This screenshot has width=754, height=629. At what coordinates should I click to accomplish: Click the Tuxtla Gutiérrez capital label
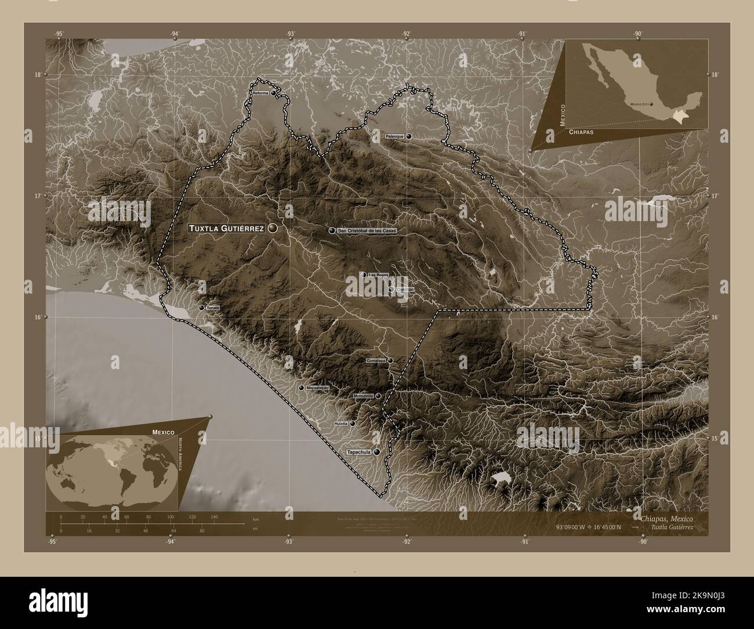click(x=226, y=229)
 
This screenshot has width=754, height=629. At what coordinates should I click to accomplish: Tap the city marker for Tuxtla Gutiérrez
click(x=273, y=229)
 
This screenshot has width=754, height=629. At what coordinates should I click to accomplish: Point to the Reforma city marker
click(x=273, y=93)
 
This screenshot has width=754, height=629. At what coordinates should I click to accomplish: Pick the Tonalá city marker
click(x=201, y=308)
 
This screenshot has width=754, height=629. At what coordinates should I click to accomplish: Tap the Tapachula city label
click(x=359, y=452)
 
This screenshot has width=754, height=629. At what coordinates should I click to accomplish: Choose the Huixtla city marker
click(x=352, y=424)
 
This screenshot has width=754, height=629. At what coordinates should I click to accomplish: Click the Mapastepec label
click(x=317, y=388)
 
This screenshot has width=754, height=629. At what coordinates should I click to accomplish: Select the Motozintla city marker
click(x=378, y=396)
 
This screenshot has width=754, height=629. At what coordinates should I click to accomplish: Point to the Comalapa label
click(x=376, y=360)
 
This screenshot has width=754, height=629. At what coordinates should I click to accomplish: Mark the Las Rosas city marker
click(x=363, y=274)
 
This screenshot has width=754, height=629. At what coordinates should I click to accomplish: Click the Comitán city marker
click(x=391, y=289)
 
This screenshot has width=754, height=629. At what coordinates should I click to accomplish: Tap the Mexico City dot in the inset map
click(x=651, y=104)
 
